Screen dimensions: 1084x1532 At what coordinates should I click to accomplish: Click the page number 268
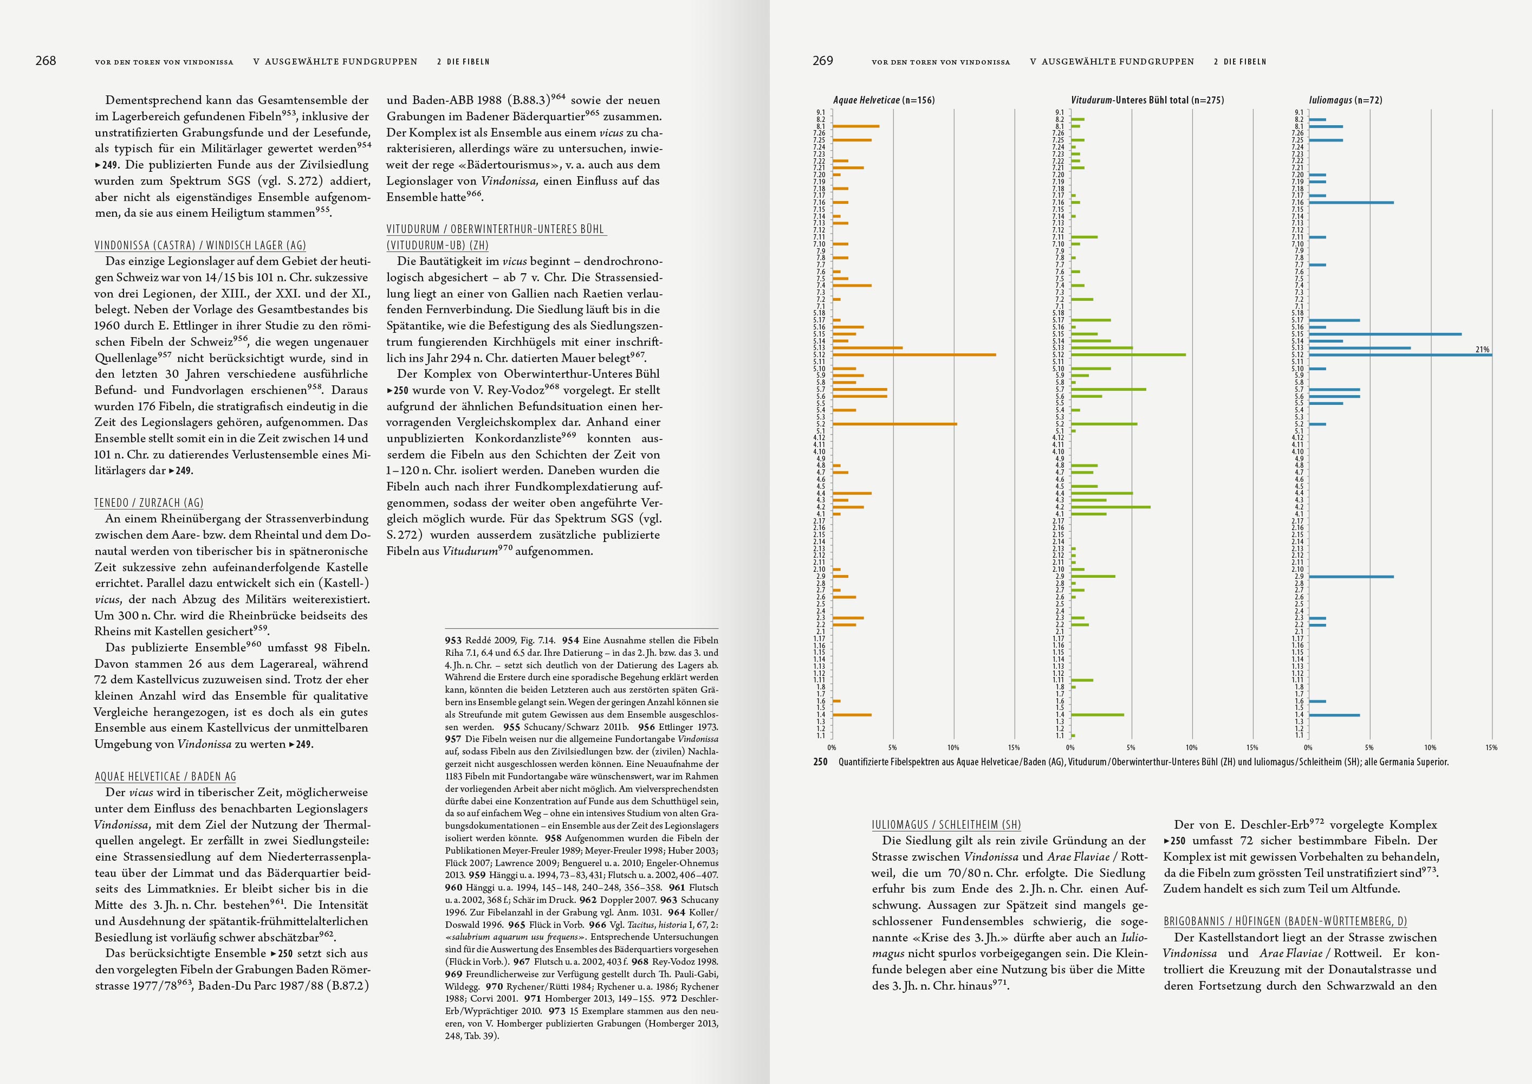[x=46, y=61]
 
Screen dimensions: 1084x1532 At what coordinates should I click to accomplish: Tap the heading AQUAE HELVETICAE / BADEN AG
[x=165, y=776]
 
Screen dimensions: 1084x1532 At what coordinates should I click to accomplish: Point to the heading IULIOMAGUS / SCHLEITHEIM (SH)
[x=946, y=824]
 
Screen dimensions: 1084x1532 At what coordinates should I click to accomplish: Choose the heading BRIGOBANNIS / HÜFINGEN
[x=1285, y=921]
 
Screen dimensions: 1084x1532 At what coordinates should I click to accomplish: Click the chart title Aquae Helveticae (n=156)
[x=884, y=100]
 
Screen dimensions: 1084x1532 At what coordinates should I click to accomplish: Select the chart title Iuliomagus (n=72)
[x=1345, y=100]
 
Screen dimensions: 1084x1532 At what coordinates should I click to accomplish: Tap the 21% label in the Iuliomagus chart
[x=1482, y=349]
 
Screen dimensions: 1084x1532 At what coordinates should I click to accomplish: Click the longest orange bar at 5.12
[x=914, y=355]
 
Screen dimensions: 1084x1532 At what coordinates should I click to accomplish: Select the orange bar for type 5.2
[x=894, y=424]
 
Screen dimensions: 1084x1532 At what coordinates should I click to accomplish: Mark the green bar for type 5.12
[x=1128, y=355]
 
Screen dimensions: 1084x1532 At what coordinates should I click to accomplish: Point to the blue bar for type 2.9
[x=1351, y=577]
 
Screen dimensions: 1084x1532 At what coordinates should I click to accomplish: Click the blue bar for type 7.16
[x=1351, y=202]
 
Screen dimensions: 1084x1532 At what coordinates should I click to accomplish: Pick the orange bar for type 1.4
[x=852, y=715]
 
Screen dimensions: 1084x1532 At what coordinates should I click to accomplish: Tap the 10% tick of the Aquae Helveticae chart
[x=953, y=747]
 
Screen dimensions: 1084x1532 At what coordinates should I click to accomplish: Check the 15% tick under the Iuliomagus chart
[x=1491, y=747]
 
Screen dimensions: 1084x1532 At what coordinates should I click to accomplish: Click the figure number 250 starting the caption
[x=820, y=762]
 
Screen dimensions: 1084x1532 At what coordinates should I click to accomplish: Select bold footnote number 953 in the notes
[x=454, y=640]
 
